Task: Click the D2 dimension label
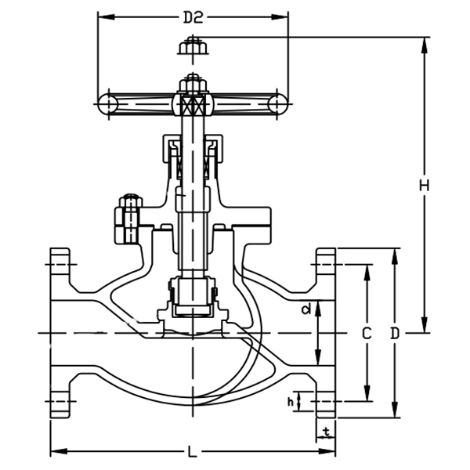pyautogui.click(x=192, y=16)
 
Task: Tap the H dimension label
pyautogui.click(x=424, y=186)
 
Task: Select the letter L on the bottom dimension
pyautogui.click(x=192, y=452)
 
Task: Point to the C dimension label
pyautogui.click(x=365, y=333)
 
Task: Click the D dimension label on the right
pyautogui.click(x=395, y=333)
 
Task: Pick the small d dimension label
pyautogui.click(x=306, y=309)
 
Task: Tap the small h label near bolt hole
pyautogui.click(x=291, y=402)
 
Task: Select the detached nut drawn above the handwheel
pyautogui.click(x=192, y=48)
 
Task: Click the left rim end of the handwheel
pyautogui.click(x=107, y=103)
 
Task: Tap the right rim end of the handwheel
pyautogui.click(x=277, y=103)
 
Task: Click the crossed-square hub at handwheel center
pyautogui.click(x=192, y=103)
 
